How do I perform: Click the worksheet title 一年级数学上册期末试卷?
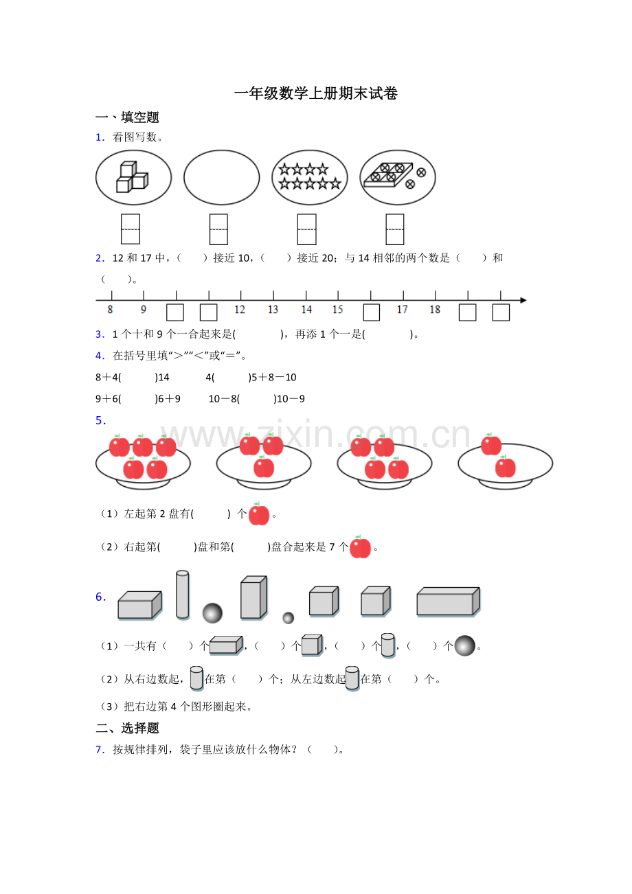(x=315, y=93)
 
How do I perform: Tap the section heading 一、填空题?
(x=127, y=117)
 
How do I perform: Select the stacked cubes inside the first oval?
(x=132, y=176)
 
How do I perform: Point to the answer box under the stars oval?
(x=306, y=229)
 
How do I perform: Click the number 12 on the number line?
(x=240, y=310)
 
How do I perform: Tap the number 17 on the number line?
(x=402, y=310)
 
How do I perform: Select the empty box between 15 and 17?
(x=371, y=312)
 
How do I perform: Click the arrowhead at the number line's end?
(x=523, y=300)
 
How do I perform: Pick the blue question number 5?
(x=100, y=420)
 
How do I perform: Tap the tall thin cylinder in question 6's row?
(x=183, y=595)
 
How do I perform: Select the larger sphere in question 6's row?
(x=212, y=613)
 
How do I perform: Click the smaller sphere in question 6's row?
(x=289, y=618)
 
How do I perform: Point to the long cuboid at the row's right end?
(x=449, y=602)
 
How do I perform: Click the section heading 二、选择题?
(x=127, y=728)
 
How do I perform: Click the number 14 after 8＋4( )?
(x=163, y=377)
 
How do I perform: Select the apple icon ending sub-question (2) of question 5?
(x=360, y=547)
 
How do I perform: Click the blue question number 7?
(x=100, y=750)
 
